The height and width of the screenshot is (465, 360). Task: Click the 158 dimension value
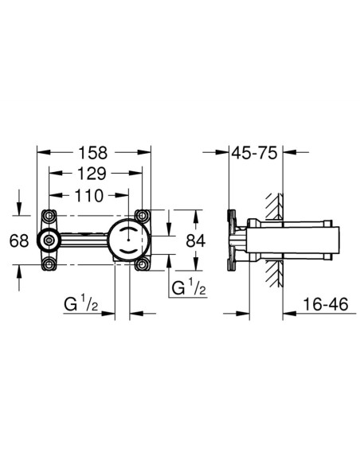click(x=92, y=153)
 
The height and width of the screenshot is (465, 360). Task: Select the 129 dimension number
click(x=92, y=174)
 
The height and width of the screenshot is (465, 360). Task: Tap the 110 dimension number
click(x=88, y=196)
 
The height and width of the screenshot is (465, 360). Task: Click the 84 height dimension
click(x=196, y=240)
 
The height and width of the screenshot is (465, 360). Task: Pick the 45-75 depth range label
click(x=254, y=153)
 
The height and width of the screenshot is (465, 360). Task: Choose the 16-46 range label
click(x=326, y=304)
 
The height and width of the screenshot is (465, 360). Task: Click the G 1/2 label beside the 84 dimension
click(x=189, y=287)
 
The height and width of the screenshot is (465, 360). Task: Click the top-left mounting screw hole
click(x=49, y=216)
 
